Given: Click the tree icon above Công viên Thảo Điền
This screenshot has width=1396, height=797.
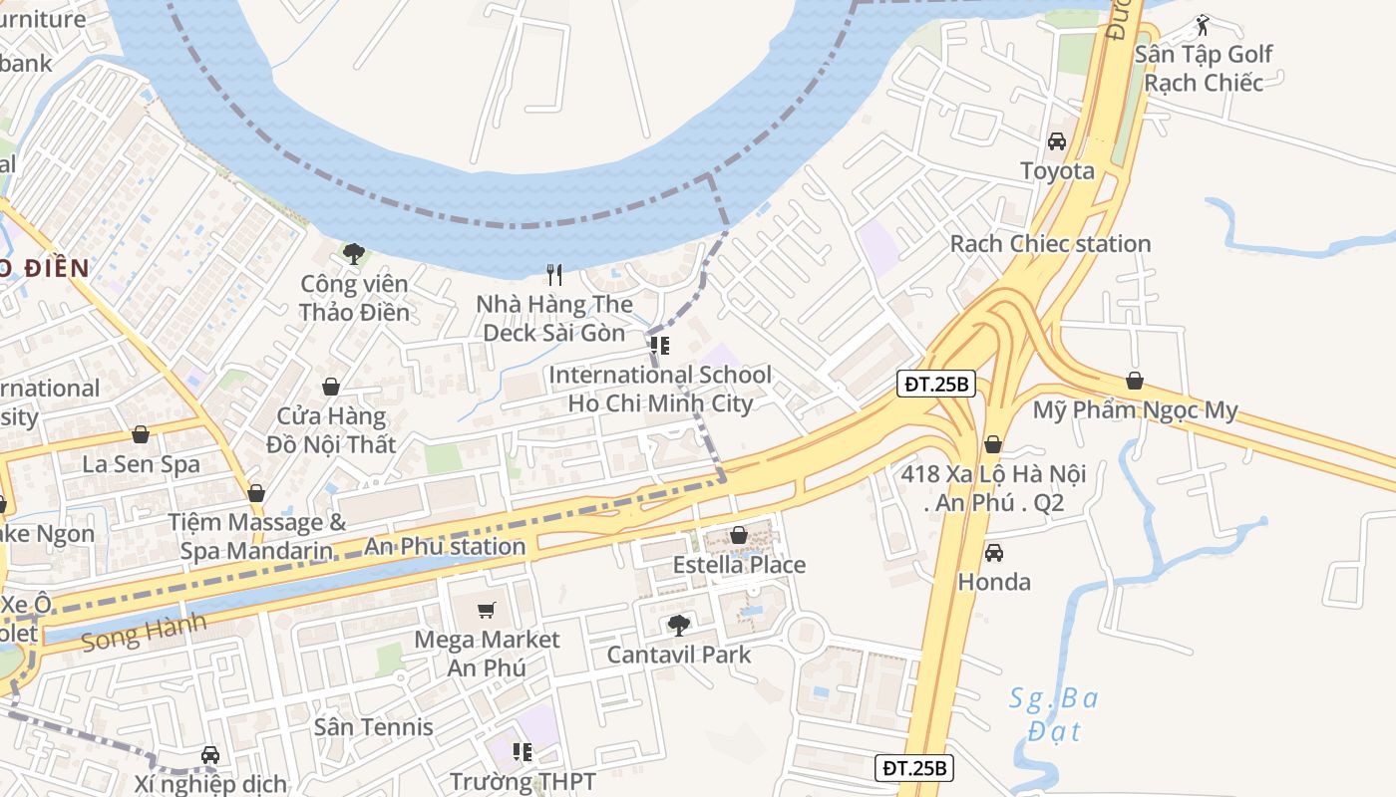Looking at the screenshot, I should pos(353,254).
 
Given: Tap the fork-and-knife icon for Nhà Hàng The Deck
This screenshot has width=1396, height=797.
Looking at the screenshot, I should pos(554,274).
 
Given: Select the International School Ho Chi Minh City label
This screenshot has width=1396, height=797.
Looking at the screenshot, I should pos(660,390).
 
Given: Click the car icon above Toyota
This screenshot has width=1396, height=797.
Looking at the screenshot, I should pos(1057,141).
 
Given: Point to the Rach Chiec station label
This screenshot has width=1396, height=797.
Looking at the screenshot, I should pos(1050,244).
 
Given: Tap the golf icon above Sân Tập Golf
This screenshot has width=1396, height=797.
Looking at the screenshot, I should pos(1203,25).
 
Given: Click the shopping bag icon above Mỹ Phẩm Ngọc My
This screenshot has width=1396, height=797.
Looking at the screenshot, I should pos(1134,381).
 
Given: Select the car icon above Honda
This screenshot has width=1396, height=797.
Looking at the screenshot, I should pos(993,553).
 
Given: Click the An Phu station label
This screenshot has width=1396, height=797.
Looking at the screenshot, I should pos(445,546).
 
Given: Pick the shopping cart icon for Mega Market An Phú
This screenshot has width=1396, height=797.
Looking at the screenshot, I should pos(487,610).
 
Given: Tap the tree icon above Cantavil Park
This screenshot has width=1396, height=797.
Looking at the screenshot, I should pos(678,626).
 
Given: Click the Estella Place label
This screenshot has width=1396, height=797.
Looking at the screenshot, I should pos(739,566).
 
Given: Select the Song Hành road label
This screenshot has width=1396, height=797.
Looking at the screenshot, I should pos(145,632).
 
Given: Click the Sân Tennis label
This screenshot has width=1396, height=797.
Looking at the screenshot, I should pos(374,727).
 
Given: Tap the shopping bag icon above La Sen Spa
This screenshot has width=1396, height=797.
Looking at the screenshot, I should pos(141,434).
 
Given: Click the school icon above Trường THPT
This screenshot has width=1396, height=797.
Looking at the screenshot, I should pos(522,751).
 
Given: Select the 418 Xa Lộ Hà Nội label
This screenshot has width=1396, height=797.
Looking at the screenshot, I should pos(993,488).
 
